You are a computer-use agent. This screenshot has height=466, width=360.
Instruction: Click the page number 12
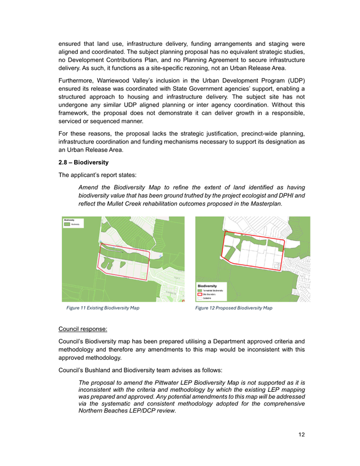pos(301,436)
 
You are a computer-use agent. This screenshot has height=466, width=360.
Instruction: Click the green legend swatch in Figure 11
pos(68,225)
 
